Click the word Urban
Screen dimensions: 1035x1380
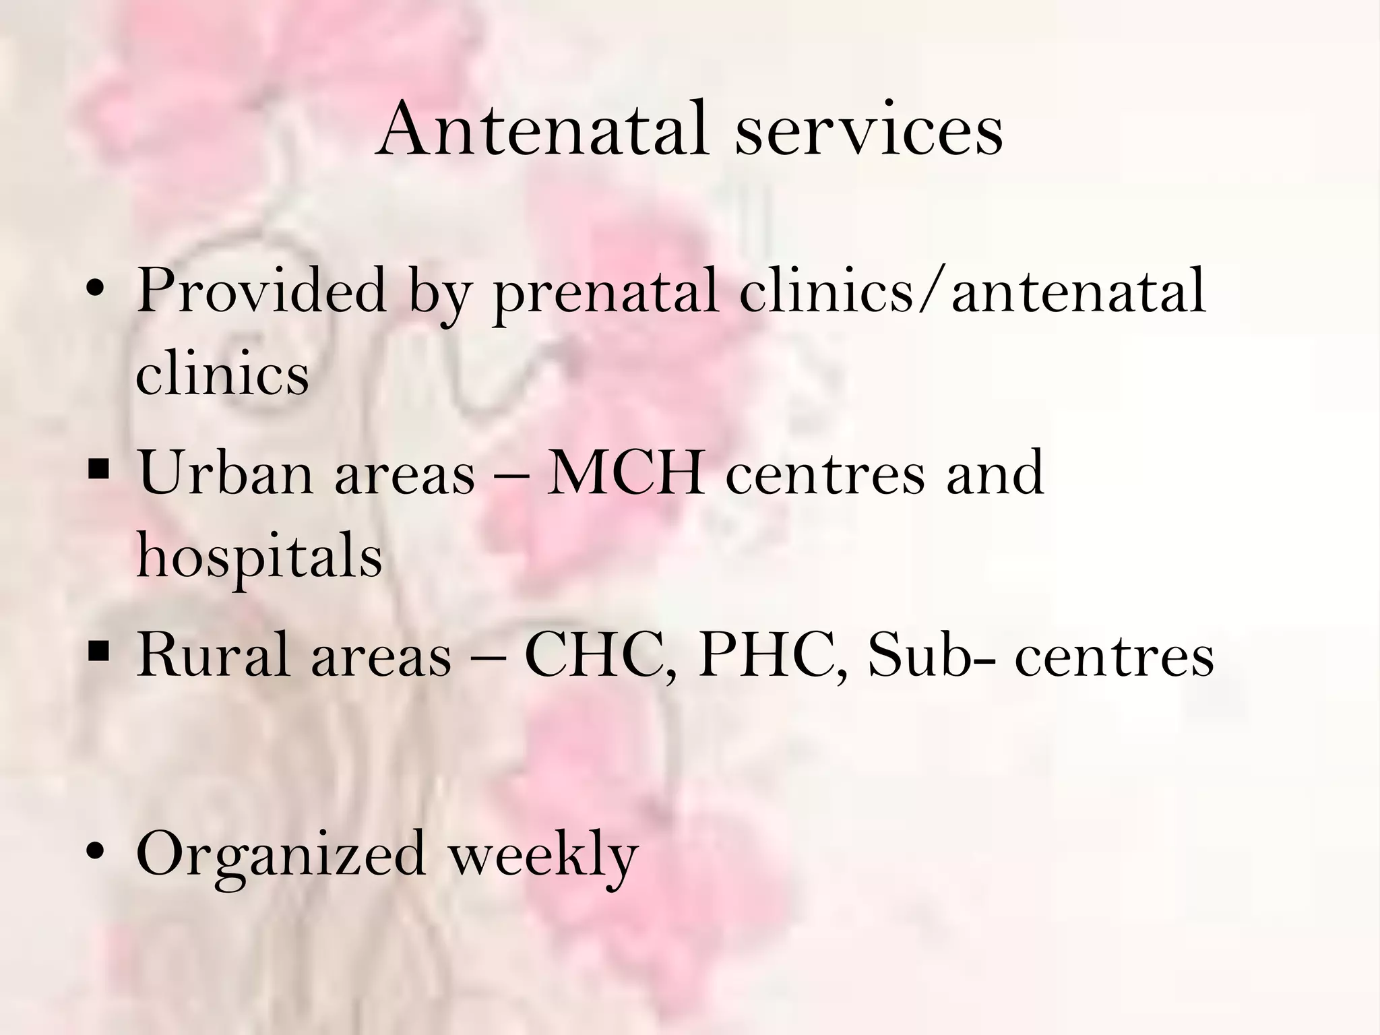[x=226, y=473]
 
